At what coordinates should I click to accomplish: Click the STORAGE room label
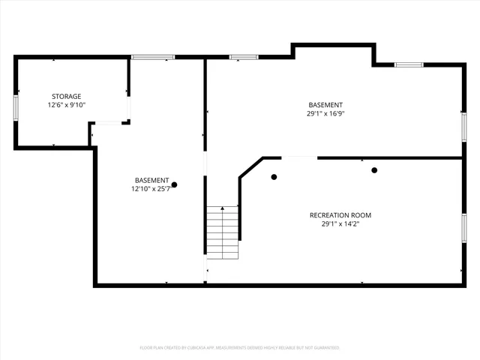click(66, 96)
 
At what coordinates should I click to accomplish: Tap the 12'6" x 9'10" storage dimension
click(66, 105)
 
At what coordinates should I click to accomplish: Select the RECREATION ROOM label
click(340, 215)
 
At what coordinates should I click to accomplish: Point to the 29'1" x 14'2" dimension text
click(340, 223)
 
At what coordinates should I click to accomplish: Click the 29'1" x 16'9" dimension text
click(325, 114)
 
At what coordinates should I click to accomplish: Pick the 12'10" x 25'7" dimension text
click(151, 189)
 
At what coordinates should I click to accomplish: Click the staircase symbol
click(223, 232)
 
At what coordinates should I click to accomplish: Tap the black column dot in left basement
click(175, 184)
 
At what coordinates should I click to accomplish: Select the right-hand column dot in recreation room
click(374, 170)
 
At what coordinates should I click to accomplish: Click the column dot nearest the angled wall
click(274, 177)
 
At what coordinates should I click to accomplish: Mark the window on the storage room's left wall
click(16, 107)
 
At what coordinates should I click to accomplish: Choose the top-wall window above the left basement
click(153, 57)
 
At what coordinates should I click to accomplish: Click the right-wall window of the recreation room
click(463, 226)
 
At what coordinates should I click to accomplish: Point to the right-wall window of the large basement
click(463, 125)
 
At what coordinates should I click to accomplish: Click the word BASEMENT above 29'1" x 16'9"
click(325, 105)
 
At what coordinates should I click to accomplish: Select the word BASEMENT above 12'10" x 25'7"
click(151, 180)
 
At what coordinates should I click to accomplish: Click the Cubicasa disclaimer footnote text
click(240, 348)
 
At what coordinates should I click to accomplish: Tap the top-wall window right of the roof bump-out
click(409, 64)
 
